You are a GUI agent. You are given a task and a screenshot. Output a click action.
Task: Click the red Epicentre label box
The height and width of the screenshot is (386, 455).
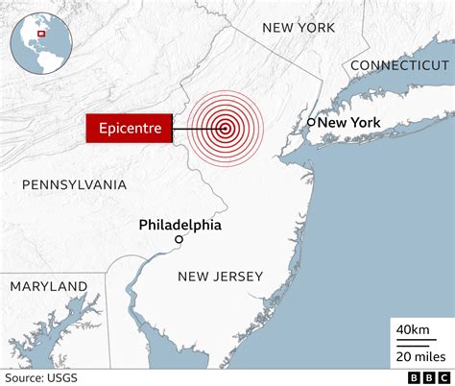[x=129, y=128]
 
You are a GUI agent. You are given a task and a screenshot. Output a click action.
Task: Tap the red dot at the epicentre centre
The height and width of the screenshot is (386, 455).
[x=225, y=128]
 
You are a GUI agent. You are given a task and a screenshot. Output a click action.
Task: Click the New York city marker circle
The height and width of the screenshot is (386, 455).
[x=311, y=122]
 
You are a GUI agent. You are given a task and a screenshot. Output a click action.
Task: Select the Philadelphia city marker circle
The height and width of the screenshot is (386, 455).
[x=179, y=239]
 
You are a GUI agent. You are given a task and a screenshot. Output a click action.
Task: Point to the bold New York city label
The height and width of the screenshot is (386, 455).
[x=349, y=122]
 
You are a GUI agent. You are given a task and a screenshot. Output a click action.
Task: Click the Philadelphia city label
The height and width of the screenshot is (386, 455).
[x=180, y=225]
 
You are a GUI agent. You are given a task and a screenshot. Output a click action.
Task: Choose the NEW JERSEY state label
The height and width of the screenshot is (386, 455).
[x=220, y=277]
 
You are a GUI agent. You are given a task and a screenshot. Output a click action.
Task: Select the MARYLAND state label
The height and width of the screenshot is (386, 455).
[x=49, y=286]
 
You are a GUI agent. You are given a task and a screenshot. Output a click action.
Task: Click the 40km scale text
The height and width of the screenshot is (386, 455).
[x=414, y=330]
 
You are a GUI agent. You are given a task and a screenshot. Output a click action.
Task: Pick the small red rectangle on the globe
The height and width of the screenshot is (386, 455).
[x=41, y=34]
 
